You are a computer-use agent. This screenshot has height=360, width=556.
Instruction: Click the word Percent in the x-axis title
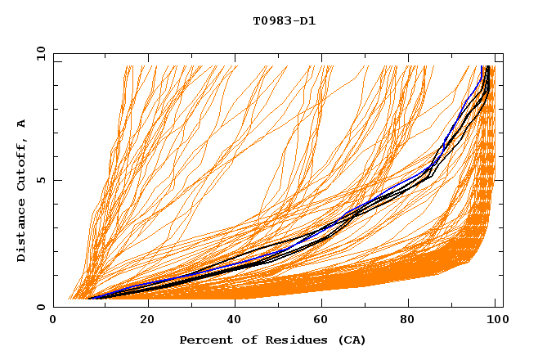[x=202, y=340]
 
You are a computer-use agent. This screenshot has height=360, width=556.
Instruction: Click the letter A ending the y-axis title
[x=22, y=124]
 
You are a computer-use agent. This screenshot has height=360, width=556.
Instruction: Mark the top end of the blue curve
[x=486, y=66]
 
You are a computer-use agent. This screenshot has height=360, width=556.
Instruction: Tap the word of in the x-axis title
[x=241, y=340]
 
